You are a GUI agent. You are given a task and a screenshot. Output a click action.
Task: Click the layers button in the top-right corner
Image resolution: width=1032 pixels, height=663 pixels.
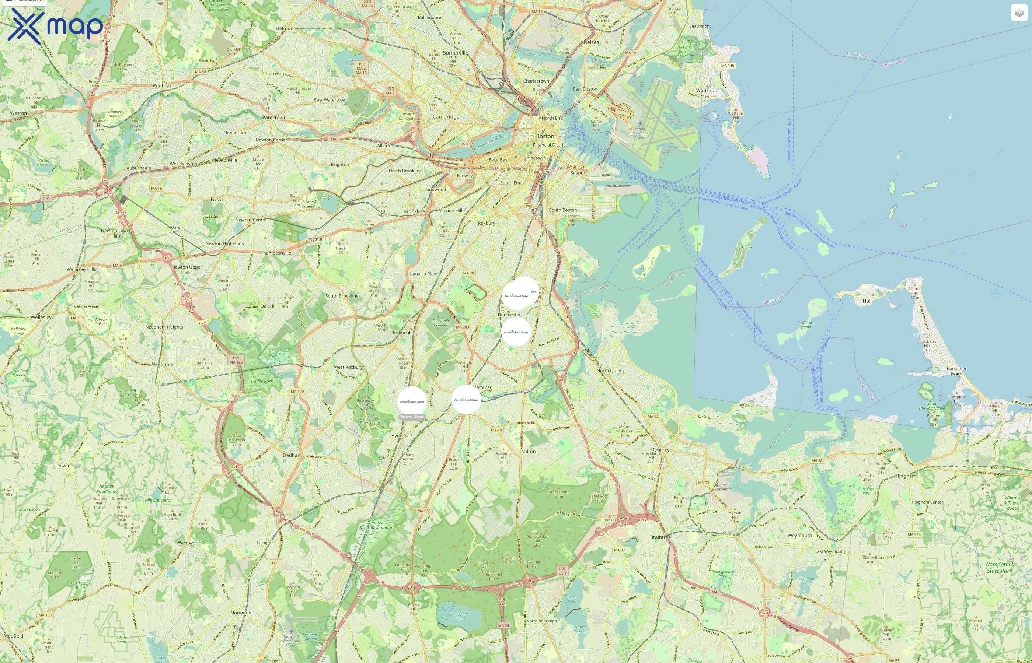click(1019, 13)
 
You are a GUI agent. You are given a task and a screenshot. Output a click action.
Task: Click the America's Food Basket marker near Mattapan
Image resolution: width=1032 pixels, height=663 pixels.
click(466, 400)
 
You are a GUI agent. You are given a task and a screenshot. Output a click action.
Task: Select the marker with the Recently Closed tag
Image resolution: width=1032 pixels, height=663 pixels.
click(412, 401)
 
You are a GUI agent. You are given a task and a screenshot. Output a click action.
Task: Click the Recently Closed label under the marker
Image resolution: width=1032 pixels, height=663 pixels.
click(412, 417)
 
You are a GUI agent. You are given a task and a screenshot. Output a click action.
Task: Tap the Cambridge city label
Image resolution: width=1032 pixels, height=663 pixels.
click(446, 117)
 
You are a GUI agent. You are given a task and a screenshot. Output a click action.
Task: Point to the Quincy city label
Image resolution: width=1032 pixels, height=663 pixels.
click(661, 449)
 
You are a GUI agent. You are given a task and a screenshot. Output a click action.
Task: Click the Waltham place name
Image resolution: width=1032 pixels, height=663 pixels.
click(163, 86)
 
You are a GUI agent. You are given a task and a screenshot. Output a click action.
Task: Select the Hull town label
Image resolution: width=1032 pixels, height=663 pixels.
click(867, 301)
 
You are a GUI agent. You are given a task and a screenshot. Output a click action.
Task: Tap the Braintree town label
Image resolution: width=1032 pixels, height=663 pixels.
click(660, 537)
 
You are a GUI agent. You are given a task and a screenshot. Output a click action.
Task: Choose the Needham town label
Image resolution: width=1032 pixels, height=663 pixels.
click(163, 364)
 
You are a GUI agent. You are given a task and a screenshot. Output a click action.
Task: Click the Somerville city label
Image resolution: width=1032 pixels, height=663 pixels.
click(455, 53)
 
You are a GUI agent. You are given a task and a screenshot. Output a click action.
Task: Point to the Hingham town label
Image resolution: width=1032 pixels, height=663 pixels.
click(906, 476)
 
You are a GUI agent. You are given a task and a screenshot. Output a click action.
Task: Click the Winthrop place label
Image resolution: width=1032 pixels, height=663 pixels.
click(707, 90)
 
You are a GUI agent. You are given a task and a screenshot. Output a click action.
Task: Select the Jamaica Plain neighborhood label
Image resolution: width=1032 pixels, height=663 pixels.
click(423, 273)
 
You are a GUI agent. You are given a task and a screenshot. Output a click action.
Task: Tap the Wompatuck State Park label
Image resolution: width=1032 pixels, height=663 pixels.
click(999, 568)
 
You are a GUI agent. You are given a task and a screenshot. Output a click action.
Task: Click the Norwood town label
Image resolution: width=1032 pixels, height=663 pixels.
click(241, 613)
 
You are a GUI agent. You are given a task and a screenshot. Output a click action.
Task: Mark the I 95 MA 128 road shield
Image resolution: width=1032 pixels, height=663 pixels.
click(236, 360)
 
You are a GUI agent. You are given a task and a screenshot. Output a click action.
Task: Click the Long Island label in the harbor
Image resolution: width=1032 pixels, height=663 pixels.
click(742, 248)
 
